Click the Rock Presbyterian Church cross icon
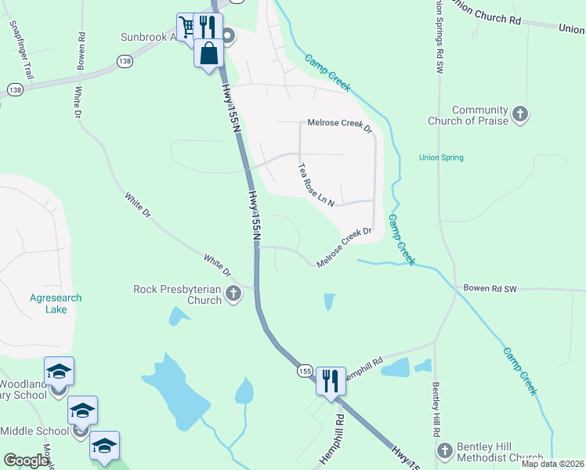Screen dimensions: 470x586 pyautogui.click(x=233, y=295)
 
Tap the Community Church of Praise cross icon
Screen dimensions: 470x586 pyautogui.click(x=520, y=115)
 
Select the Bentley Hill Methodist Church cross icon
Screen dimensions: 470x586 pyautogui.click(x=445, y=451)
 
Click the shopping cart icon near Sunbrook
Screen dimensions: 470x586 pyautogui.click(x=187, y=27)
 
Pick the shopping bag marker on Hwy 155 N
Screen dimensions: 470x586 pyautogui.click(x=209, y=54)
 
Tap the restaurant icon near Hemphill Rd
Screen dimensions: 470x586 pyautogui.click(x=331, y=381)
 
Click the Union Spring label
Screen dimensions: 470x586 pyautogui.click(x=441, y=157)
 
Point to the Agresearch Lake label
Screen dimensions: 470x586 pyautogui.click(x=56, y=303)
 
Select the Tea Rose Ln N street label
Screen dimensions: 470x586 pyautogui.click(x=317, y=186)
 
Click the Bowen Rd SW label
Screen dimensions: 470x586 pyautogui.click(x=490, y=289)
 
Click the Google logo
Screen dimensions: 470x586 pyautogui.click(x=26, y=461)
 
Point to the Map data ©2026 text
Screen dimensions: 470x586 pyautogui.click(x=552, y=464)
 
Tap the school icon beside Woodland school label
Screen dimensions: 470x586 pyautogui.click(x=59, y=371)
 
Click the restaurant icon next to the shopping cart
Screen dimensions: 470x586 pyautogui.click(x=208, y=26)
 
